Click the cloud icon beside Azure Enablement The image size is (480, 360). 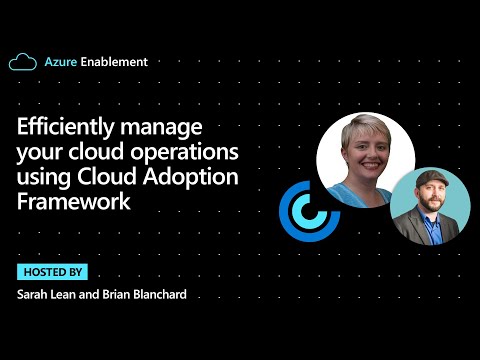pyautogui.click(x=23, y=62)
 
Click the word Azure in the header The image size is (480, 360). pyautogui.click(x=62, y=62)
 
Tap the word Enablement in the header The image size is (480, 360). pyautogui.click(x=115, y=62)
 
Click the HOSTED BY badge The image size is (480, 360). pyautogui.click(x=52, y=271)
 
